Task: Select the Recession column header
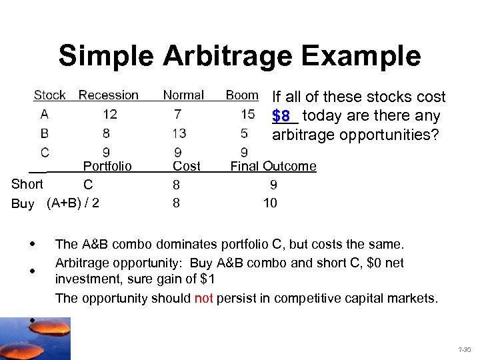(109, 95)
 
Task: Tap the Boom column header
(241, 95)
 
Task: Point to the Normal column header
(183, 95)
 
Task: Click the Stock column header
(50, 95)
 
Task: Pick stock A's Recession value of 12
(110, 114)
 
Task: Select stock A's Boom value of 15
(248, 114)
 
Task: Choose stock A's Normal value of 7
(177, 114)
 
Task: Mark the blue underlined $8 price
(281, 116)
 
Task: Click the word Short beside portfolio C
(27, 184)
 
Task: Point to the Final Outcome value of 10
(270, 203)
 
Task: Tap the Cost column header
(187, 165)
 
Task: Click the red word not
(203, 298)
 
